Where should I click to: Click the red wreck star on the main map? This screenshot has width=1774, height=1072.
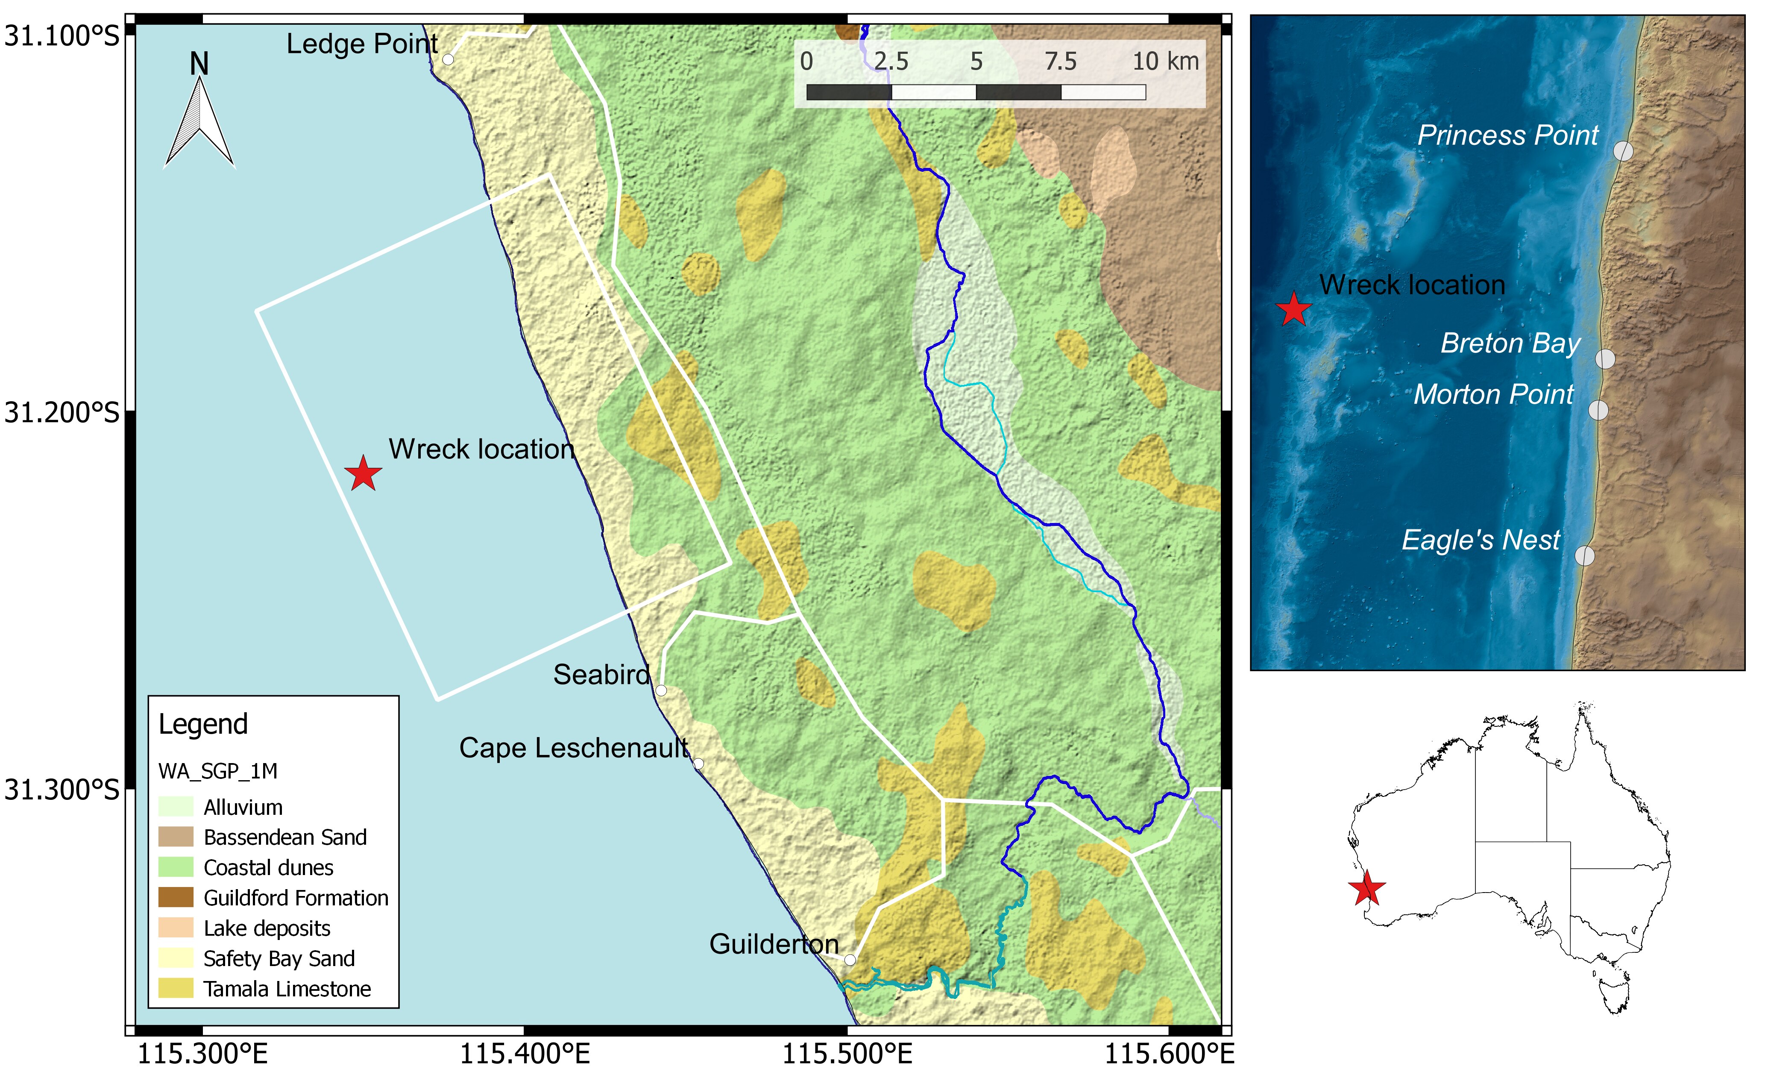[363, 474]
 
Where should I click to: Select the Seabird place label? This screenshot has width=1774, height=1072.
[601, 675]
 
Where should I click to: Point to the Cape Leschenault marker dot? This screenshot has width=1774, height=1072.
[698, 763]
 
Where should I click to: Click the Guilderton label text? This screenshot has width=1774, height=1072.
[774, 944]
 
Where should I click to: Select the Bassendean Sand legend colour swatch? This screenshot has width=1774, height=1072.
[176, 837]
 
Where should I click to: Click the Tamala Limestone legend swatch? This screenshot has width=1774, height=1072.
[176, 989]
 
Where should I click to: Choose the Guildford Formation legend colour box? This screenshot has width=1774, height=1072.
[176, 897]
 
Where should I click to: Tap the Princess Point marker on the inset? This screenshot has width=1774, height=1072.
[1623, 151]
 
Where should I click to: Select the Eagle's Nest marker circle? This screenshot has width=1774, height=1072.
[1585, 556]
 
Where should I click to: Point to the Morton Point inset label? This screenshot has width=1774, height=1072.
[1493, 394]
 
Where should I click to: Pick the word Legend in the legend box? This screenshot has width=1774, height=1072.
[203, 723]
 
